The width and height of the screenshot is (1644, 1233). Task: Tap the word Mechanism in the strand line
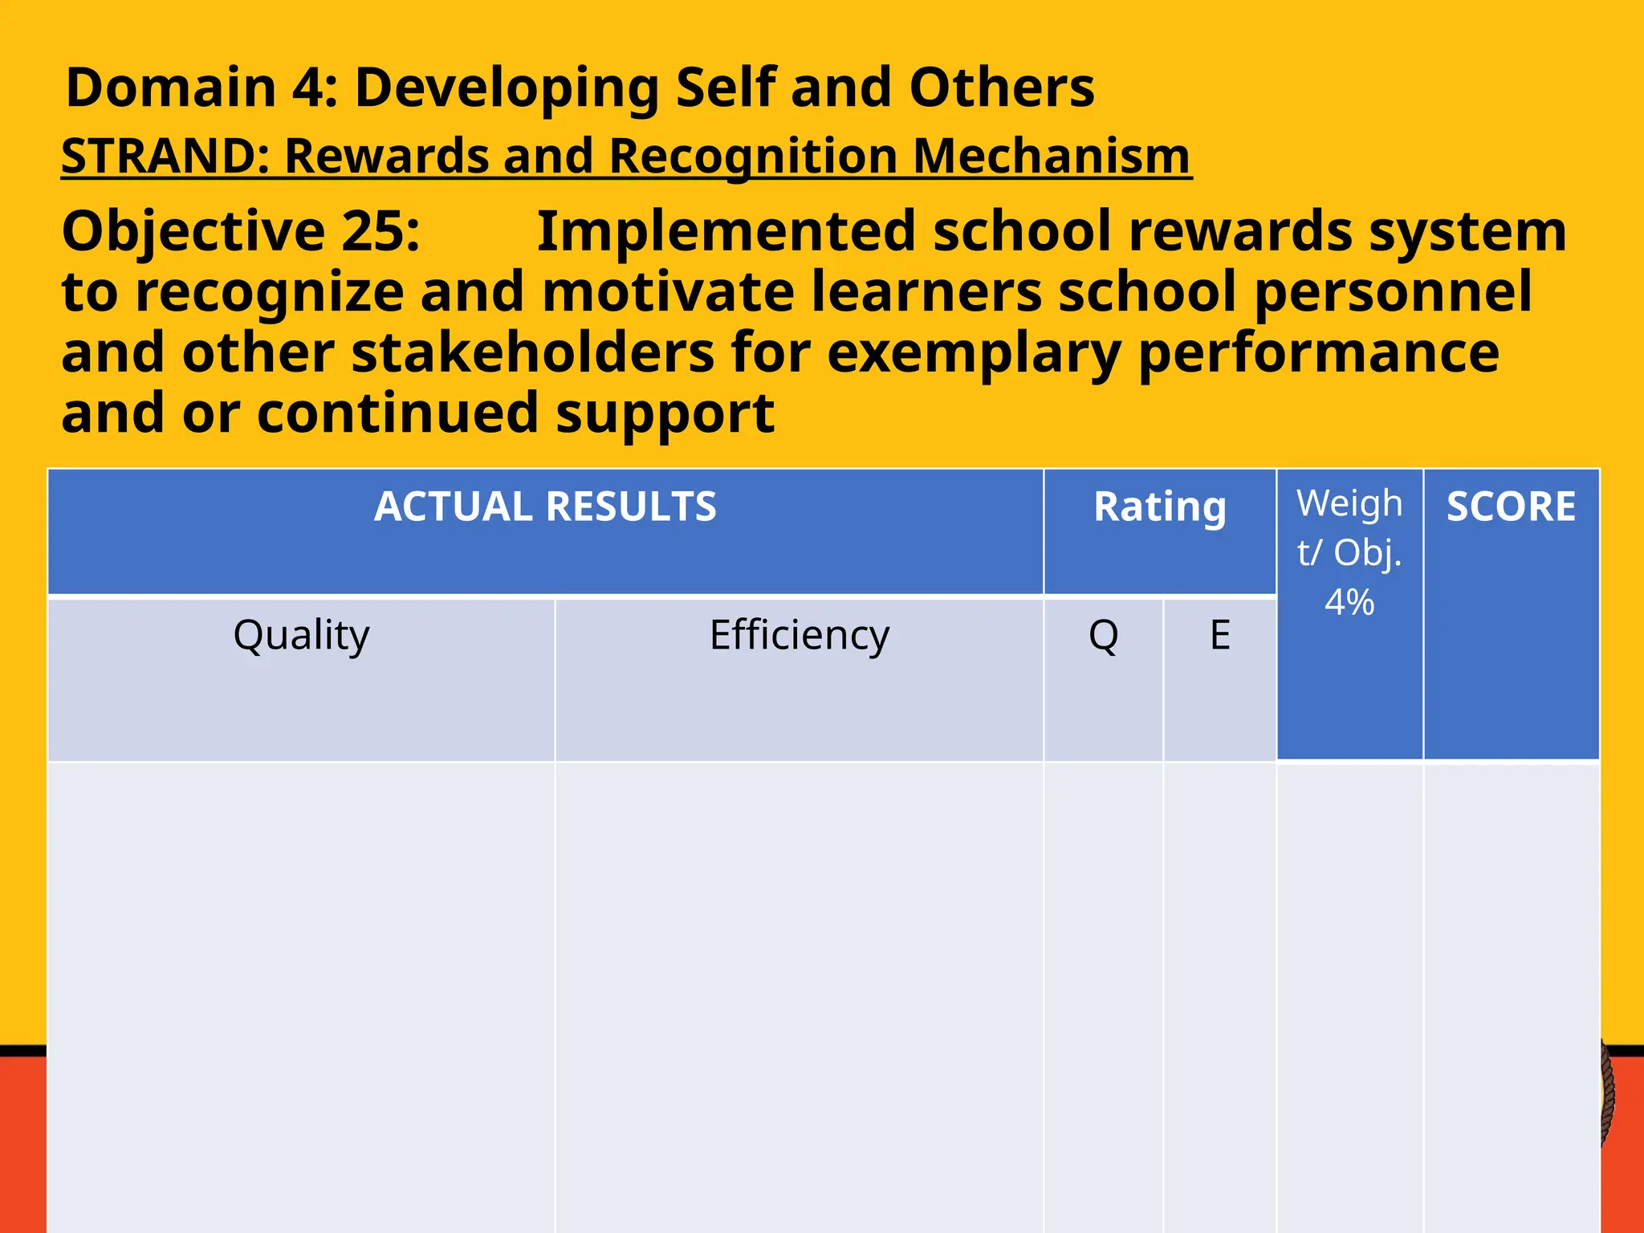coord(1051,156)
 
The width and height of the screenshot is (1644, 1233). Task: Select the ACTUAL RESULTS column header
coord(545,507)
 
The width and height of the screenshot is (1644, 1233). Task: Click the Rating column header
coord(1159,507)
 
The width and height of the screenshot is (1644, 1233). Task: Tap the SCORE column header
coord(1511,507)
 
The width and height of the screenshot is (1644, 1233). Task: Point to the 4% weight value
coord(1349,602)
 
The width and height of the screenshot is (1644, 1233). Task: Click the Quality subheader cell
coord(301,636)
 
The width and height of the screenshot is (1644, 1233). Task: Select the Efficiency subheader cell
coord(800,636)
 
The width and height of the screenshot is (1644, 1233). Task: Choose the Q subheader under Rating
coord(1103,636)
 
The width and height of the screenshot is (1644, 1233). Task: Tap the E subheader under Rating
coord(1219,636)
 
